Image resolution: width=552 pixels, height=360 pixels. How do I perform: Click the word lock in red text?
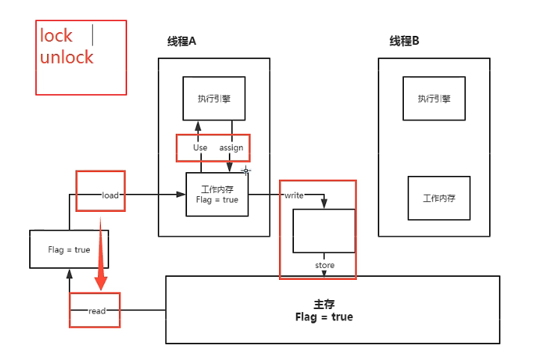[x=56, y=35]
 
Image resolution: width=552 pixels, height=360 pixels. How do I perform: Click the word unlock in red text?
[x=67, y=57]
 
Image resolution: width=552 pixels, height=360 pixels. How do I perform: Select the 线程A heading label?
[x=181, y=41]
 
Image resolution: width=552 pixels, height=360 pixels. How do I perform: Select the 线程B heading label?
[x=404, y=41]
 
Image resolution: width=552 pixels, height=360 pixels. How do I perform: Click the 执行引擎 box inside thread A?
[x=213, y=98]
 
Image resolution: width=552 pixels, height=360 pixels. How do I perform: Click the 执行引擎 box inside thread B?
[x=434, y=98]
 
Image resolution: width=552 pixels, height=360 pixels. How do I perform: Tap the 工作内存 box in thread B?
[x=439, y=198]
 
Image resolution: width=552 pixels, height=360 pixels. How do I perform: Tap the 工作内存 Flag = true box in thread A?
[x=217, y=195]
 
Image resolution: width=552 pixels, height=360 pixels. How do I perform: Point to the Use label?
[x=200, y=147]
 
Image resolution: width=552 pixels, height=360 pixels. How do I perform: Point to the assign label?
[x=231, y=147]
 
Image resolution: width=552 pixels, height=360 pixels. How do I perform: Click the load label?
[x=111, y=195]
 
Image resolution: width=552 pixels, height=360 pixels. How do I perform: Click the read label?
[x=97, y=311]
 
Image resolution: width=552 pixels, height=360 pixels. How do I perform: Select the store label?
[x=325, y=266]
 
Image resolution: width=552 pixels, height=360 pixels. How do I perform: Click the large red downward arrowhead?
[x=101, y=282]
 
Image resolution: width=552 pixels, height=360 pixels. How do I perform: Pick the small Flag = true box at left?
[x=69, y=249]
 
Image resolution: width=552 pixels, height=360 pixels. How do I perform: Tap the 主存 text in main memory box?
[x=324, y=305]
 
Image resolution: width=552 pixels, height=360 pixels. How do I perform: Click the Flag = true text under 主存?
[x=324, y=317]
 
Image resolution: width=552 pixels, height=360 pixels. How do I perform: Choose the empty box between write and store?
[x=324, y=231]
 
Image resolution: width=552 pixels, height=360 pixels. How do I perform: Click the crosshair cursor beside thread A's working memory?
[x=245, y=171]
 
